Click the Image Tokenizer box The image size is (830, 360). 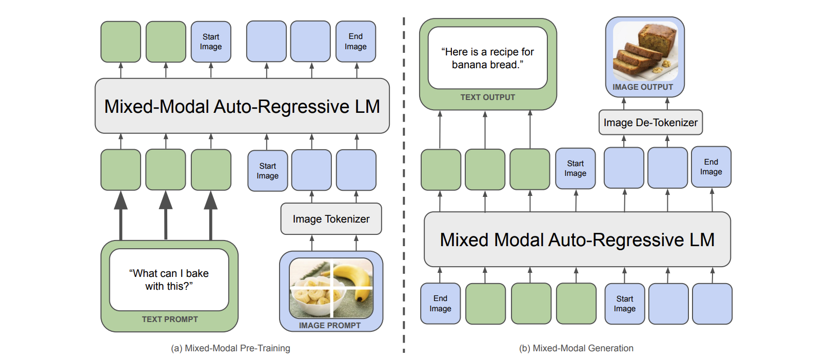tap(331, 219)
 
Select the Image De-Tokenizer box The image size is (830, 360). tap(650, 123)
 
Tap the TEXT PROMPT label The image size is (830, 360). tap(170, 319)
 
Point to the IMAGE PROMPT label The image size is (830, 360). tap(330, 325)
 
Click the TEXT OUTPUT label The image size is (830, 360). tap(487, 97)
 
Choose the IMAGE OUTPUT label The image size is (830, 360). tap(642, 87)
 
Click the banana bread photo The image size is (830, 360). tap(645, 51)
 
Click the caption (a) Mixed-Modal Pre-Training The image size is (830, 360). tap(230, 348)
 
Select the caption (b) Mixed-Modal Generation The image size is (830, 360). tap(576, 348)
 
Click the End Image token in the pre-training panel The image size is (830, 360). tap(355, 42)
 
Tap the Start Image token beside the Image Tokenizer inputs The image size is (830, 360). tap(267, 171)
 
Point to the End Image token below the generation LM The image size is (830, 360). tap(440, 304)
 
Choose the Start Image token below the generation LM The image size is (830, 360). tap(624, 304)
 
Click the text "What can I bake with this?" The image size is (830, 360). tap(169, 279)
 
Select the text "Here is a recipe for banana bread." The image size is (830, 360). tap(487, 58)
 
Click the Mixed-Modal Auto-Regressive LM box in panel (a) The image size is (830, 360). tap(242, 106)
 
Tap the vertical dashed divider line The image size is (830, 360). tap(404, 185)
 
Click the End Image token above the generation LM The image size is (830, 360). tap(711, 167)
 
